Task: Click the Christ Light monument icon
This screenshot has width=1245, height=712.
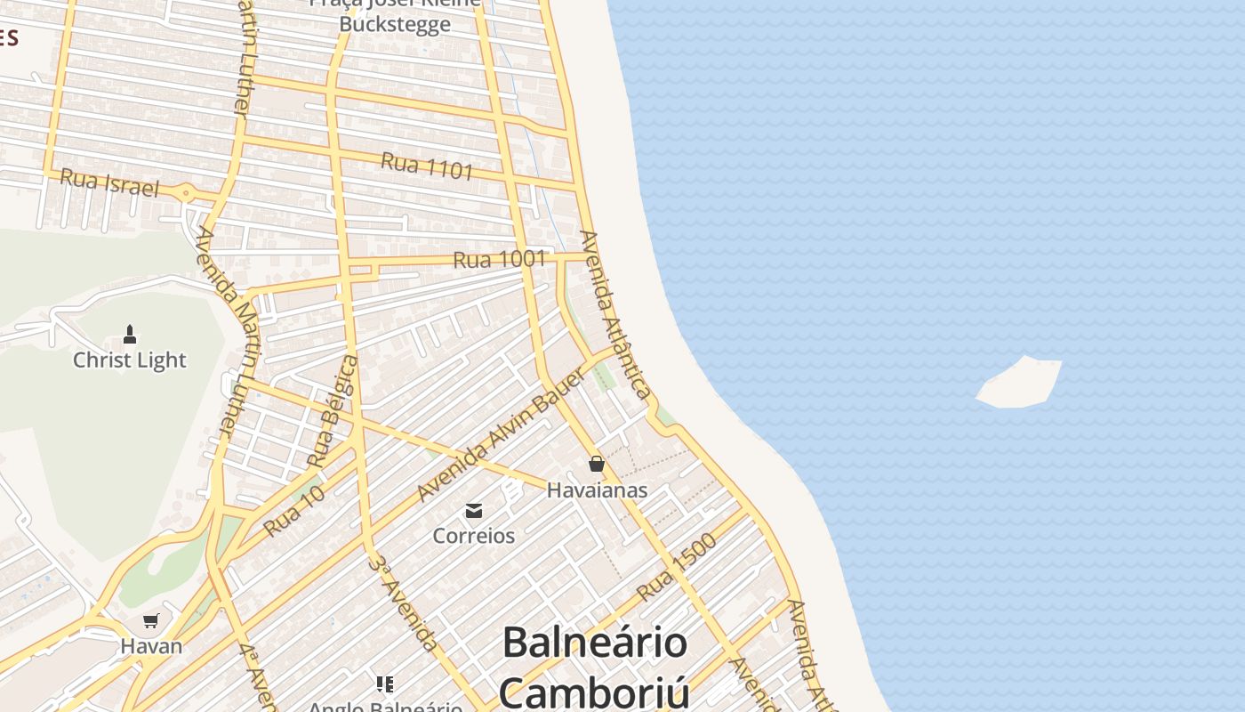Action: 130,335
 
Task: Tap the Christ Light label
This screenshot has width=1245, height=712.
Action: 130,360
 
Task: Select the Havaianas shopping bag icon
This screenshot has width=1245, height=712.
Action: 596,464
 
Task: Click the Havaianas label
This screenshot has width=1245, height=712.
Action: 597,490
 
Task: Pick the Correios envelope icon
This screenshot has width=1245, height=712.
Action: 474,510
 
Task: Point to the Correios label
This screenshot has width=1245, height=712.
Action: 474,536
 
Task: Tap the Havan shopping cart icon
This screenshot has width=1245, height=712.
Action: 151,620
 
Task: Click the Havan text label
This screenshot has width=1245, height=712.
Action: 151,647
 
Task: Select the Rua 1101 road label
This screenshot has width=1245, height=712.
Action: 427,166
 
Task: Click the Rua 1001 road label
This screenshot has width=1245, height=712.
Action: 499,260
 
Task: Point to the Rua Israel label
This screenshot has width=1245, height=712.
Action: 109,183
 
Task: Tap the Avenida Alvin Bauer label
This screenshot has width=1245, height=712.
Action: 503,433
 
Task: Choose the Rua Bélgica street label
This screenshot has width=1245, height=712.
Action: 333,411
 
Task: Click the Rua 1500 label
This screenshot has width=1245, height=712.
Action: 677,567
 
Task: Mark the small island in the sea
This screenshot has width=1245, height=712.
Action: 1020,383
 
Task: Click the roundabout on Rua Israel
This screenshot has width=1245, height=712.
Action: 185,192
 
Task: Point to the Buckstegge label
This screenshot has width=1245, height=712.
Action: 395,24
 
